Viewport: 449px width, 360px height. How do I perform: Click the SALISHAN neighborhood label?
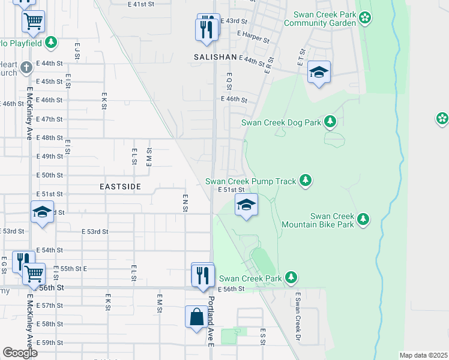pyautogui.click(x=215, y=56)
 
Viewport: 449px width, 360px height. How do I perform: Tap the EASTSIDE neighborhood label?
pyautogui.click(x=120, y=187)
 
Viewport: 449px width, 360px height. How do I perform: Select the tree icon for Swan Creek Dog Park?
pyautogui.click(x=330, y=122)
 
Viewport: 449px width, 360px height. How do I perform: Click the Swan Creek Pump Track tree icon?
pyautogui.click(x=306, y=181)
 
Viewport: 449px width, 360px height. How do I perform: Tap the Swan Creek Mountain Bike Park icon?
pyautogui.click(x=363, y=220)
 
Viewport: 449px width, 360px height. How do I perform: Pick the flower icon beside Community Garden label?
pyautogui.click(x=365, y=18)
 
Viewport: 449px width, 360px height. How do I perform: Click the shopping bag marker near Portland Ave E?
pyautogui.click(x=197, y=316)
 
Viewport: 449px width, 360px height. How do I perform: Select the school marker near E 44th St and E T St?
pyautogui.click(x=319, y=73)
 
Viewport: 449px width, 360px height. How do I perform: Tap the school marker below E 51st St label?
pyautogui.click(x=246, y=205)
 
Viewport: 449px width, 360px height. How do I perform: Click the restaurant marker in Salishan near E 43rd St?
pyautogui.click(x=207, y=28)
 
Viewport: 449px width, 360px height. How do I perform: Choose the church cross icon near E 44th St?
pyautogui.click(x=25, y=67)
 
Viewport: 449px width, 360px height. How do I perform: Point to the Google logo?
pyautogui.click(x=20, y=353)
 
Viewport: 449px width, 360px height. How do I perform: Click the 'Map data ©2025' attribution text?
pyautogui.click(x=423, y=355)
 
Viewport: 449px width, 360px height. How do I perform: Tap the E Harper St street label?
pyautogui.click(x=253, y=35)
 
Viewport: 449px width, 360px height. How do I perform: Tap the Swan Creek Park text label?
pyautogui.click(x=250, y=278)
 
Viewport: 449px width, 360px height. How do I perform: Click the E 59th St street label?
pyautogui.click(x=49, y=343)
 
